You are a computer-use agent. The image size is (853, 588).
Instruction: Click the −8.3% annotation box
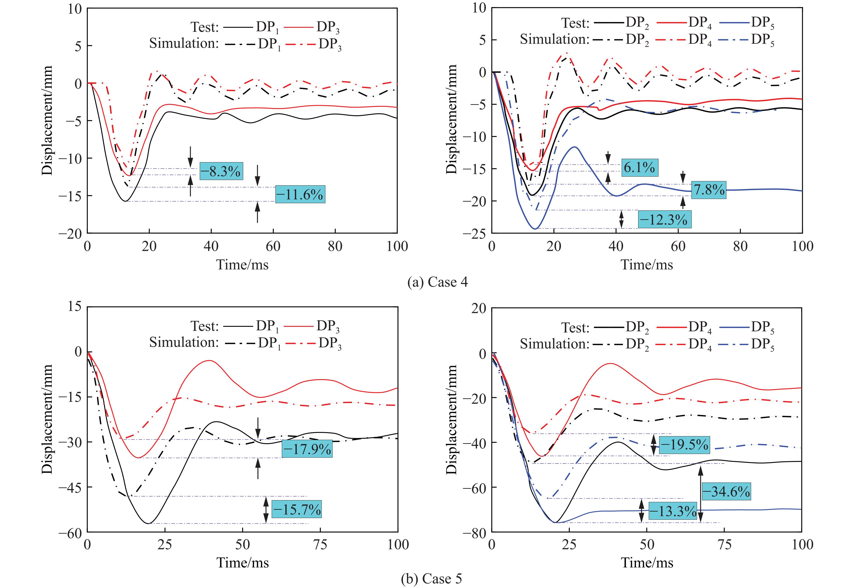(221, 171)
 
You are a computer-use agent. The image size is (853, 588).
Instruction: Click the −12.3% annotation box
(664, 220)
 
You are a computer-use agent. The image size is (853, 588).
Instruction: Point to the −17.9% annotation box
(307, 449)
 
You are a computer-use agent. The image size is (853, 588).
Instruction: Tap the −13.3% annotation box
(672, 511)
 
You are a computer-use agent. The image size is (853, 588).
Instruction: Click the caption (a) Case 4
(437, 282)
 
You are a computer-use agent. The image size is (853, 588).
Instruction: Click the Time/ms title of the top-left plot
(242, 265)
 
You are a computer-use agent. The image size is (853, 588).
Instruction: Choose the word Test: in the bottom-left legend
(205, 326)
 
